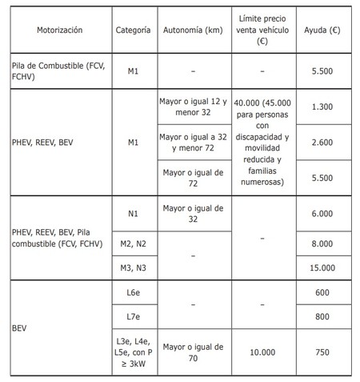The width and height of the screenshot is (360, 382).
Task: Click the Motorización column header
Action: point(59,30)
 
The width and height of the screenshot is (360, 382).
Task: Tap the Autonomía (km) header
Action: point(192,30)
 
